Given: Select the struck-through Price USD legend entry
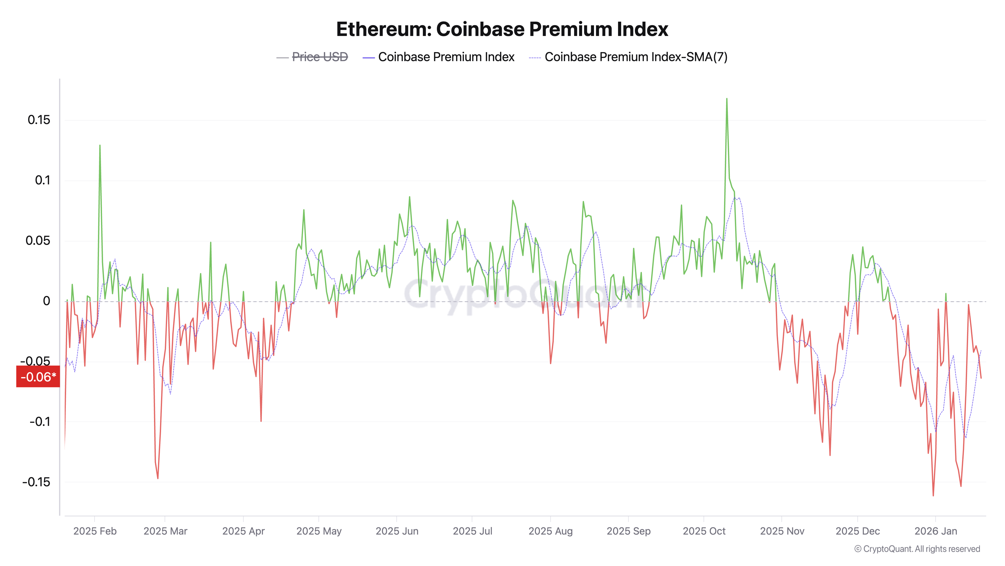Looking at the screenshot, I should point(320,57).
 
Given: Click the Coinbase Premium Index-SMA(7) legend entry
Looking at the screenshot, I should point(636,57).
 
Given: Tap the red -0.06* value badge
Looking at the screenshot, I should point(38,377).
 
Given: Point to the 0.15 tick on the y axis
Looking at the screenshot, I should point(39,120).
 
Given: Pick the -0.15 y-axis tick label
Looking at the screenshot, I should point(36,482).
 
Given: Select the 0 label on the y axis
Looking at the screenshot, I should point(46,301).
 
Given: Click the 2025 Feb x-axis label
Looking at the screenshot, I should point(95,531).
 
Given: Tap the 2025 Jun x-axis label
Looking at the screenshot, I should point(397,531).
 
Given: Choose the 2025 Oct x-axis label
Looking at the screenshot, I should point(704,531).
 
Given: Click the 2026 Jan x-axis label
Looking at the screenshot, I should point(936,531).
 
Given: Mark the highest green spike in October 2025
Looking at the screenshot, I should point(726,99).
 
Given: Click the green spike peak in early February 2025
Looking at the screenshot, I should point(100,146).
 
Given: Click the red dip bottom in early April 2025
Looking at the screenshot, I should point(261,421).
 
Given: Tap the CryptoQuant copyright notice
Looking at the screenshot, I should point(917,549).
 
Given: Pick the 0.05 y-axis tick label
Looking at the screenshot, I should point(38,241).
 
